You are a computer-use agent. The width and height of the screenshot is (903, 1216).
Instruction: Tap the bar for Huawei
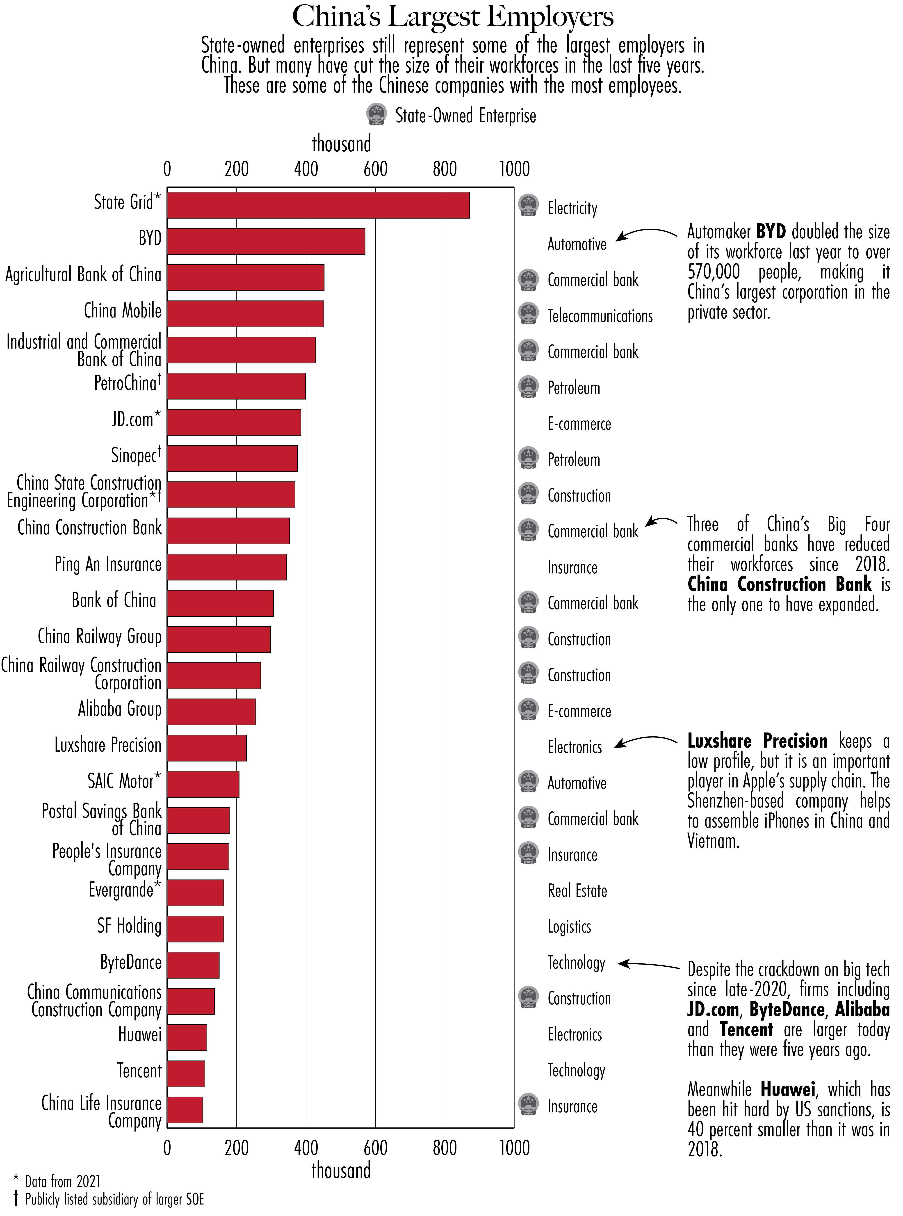[187, 1037]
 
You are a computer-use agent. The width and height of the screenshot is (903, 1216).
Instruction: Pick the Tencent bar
[186, 1073]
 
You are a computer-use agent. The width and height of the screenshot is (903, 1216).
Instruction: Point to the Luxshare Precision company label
[108, 745]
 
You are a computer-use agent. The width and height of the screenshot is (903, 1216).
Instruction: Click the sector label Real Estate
[577, 891]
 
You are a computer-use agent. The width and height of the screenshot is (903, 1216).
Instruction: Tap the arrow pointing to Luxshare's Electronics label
[645, 742]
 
